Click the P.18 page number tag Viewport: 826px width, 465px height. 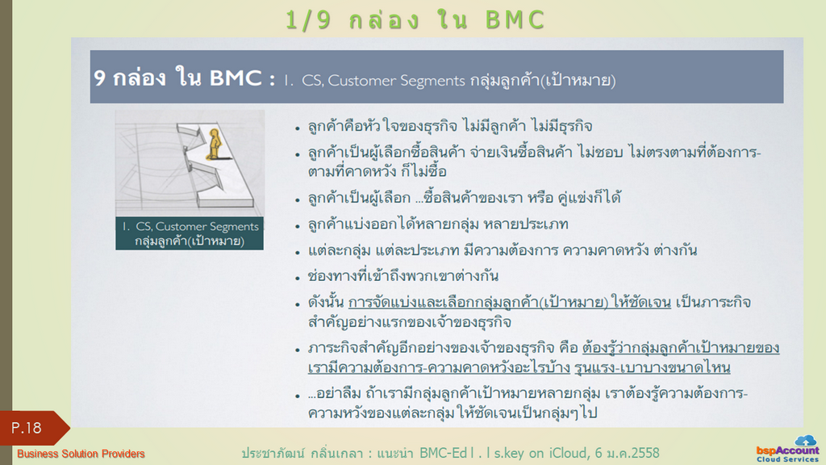pos(32,428)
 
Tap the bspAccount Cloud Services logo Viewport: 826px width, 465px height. pos(787,449)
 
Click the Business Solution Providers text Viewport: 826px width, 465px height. pos(81,454)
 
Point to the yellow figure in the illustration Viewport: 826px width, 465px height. pos(214,144)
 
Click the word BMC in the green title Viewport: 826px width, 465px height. pos(515,20)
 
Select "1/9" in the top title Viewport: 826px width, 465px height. pos(308,20)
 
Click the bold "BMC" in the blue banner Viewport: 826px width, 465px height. pos(236,78)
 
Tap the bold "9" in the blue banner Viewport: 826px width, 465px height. pos(99,78)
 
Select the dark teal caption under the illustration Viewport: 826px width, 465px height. pos(190,233)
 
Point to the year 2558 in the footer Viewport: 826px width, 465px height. pos(643,453)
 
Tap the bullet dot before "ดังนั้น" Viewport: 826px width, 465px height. pos(298,304)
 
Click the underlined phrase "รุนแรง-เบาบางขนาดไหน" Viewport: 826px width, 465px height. pos(652,367)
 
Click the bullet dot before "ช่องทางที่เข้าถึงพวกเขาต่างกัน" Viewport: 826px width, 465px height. pos(298,279)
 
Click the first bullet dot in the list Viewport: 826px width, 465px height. pos(298,128)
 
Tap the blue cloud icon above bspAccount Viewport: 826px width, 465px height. pos(806,440)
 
